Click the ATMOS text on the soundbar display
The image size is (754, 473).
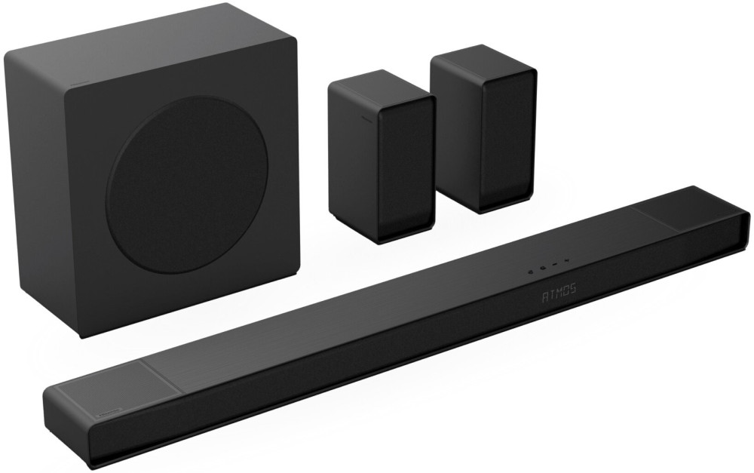559,292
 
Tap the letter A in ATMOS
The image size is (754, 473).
545,294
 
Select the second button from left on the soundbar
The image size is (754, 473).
543,268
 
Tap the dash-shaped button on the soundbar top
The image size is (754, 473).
556,265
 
